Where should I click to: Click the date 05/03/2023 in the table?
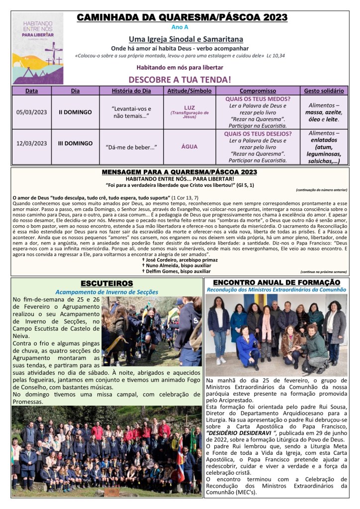31,112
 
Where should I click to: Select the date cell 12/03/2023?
31,143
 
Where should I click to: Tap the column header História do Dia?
132,91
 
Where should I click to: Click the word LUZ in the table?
189,107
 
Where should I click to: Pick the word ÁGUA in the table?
189,147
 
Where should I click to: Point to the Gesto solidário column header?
324,91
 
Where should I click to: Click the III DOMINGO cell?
76,143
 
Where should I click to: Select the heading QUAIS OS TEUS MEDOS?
258,98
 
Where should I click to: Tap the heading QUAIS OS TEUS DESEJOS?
258,134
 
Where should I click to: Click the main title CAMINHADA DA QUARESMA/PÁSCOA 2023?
182,17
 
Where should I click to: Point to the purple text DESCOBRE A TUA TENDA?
180,79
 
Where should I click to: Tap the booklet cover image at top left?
38,48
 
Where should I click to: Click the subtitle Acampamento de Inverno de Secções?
106,292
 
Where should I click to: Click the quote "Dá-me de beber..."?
131,147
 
